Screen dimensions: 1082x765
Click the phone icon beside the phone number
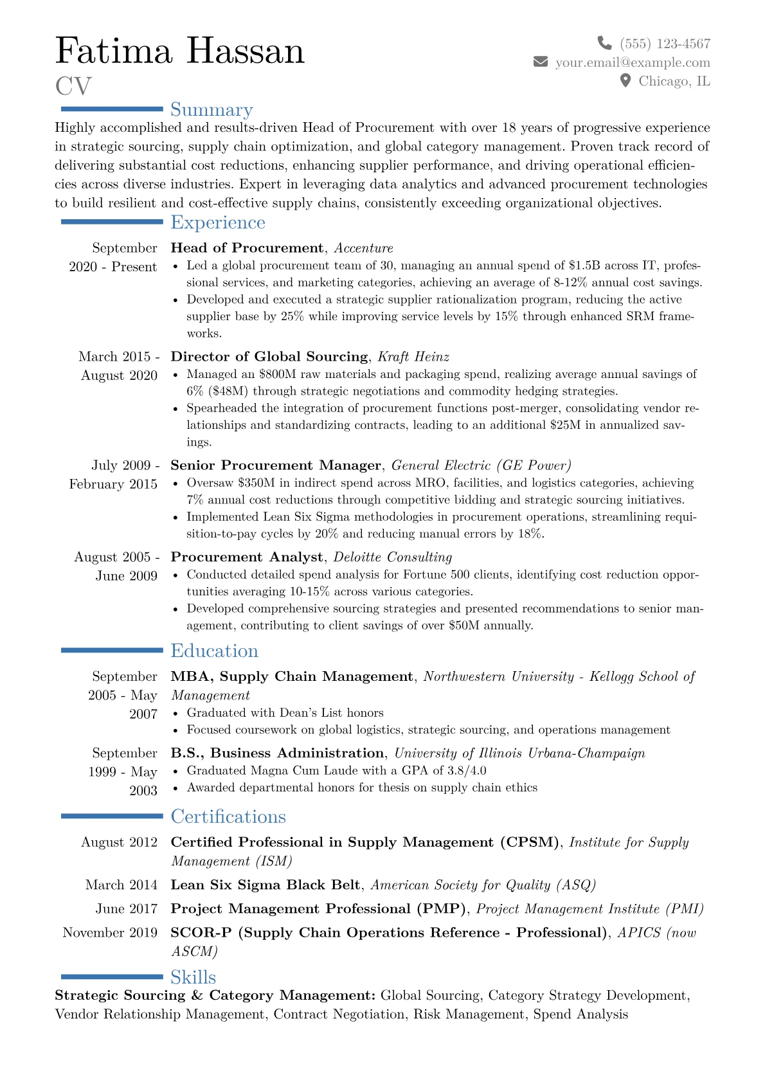click(604, 43)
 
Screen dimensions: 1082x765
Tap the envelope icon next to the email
click(541, 62)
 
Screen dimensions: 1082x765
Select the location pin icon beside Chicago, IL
click(625, 80)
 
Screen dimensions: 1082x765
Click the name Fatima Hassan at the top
click(180, 51)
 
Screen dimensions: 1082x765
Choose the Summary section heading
click(212, 110)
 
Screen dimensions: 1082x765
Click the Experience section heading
click(218, 222)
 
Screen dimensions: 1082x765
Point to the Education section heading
click(214, 651)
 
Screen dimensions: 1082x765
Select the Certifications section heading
click(228, 816)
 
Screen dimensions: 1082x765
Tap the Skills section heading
click(193, 977)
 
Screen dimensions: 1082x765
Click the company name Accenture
click(364, 248)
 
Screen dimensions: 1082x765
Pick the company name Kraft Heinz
click(413, 357)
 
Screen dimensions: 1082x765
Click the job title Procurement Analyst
click(247, 557)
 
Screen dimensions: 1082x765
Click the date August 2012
click(119, 842)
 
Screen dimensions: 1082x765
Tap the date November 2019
click(110, 932)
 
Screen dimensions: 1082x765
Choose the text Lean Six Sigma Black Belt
click(265, 885)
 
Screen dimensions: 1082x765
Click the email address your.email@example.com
click(633, 62)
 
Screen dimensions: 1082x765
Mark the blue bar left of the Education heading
click(112, 651)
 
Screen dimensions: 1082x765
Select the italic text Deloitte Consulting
click(392, 557)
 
